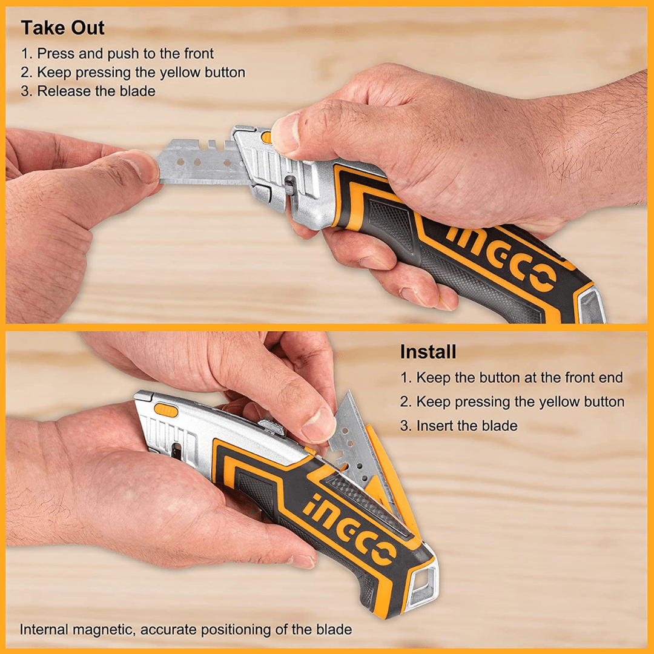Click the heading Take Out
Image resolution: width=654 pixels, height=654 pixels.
point(63,28)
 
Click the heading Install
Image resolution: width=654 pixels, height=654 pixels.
point(428,352)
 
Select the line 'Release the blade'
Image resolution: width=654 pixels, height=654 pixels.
point(88,91)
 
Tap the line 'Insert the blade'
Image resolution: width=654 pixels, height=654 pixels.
point(459,426)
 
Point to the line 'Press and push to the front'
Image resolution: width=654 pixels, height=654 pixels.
point(117,53)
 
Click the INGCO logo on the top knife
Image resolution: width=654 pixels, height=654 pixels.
point(502,255)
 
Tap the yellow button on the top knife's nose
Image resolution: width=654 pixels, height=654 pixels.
point(267,137)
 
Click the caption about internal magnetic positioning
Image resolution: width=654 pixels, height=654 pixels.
point(185,629)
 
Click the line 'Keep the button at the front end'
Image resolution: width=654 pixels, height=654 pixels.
point(512,377)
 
